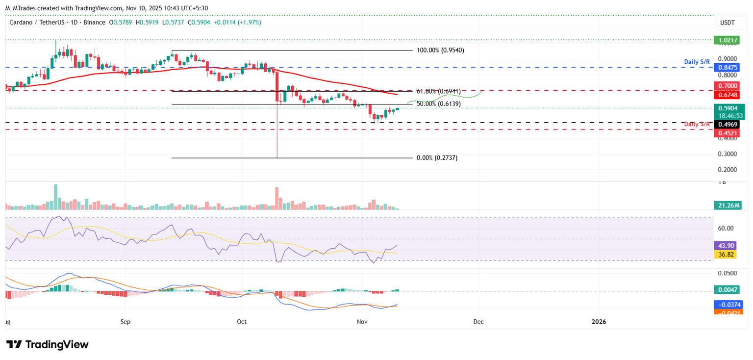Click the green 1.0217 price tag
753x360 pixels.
(x=728, y=40)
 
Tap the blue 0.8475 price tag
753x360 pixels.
(x=728, y=67)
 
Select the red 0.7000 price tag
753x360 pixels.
(x=728, y=86)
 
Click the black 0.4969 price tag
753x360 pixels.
(x=728, y=125)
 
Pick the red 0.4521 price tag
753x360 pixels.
(x=728, y=132)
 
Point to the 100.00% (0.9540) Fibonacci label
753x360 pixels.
(x=440, y=50)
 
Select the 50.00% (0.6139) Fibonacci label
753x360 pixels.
(x=438, y=104)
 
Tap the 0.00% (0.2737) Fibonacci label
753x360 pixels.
(x=437, y=158)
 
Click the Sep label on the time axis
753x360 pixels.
(x=125, y=322)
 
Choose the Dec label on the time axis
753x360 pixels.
(x=478, y=322)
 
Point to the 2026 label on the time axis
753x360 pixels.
(x=599, y=322)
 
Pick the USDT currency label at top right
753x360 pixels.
(x=727, y=23)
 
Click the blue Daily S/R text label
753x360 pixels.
(x=697, y=62)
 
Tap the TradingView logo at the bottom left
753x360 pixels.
(x=48, y=344)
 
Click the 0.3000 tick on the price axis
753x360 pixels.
(x=728, y=154)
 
